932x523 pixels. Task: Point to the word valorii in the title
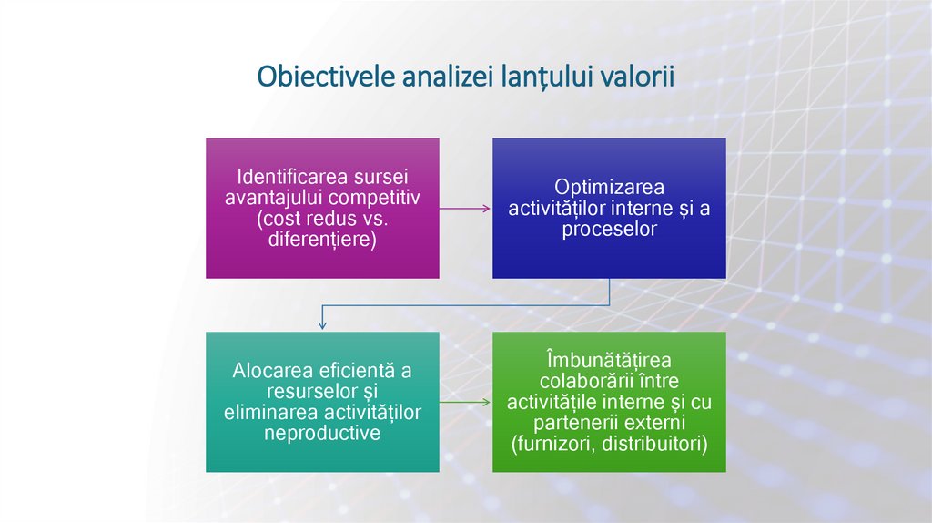(636, 77)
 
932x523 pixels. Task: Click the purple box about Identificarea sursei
(322, 208)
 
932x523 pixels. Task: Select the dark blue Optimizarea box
(609, 208)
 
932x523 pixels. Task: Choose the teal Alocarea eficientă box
(322, 401)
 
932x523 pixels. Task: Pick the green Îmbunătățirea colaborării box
(609, 401)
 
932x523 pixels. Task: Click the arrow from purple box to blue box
(465, 209)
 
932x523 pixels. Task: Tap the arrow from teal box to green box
(465, 402)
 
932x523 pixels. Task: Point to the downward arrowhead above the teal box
(322, 323)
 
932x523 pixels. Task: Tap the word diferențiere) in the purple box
(322, 241)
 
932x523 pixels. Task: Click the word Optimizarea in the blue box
(609, 187)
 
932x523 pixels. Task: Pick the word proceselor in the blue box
(609, 230)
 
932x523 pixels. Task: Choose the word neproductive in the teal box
(322, 434)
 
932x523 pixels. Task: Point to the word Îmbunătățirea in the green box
(609, 359)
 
